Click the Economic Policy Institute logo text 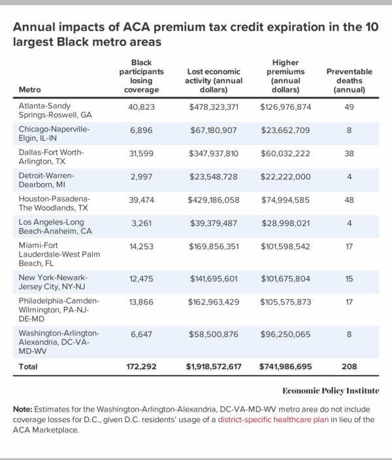[331, 391]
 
